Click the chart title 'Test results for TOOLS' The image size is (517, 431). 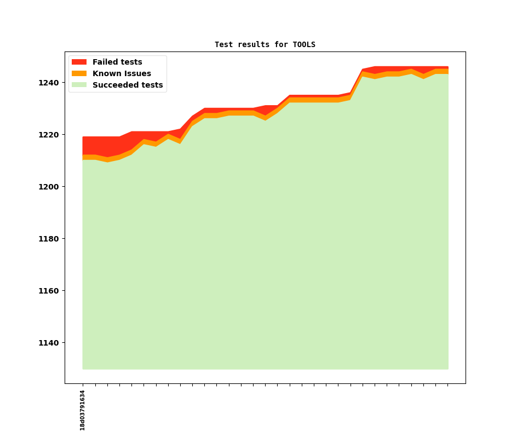point(265,44)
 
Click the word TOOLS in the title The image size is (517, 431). point(304,44)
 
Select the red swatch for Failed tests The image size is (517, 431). point(79,62)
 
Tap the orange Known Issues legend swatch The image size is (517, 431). point(79,73)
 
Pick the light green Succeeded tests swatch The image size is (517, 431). point(79,85)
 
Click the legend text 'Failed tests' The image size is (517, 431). point(117,62)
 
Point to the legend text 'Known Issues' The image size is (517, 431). point(122,73)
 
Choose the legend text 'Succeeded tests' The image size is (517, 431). point(128,85)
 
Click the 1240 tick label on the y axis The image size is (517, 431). point(49,83)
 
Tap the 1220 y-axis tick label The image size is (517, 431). point(49,135)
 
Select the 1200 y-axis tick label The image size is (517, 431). point(49,187)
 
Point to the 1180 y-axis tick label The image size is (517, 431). point(49,239)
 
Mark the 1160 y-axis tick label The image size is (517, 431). point(49,291)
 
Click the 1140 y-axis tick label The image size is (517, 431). point(49,343)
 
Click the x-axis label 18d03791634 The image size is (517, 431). point(83,410)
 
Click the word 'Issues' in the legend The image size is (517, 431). point(137,73)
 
